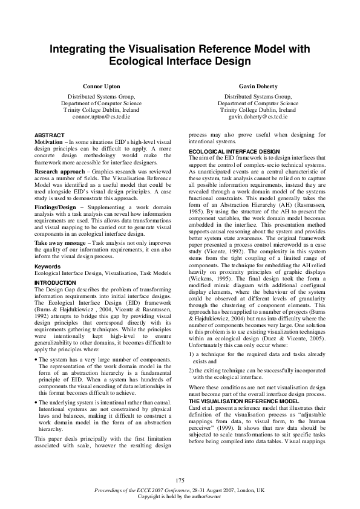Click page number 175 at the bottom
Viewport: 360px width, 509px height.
(x=180, y=480)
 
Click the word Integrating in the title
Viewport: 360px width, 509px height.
(x=82, y=50)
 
